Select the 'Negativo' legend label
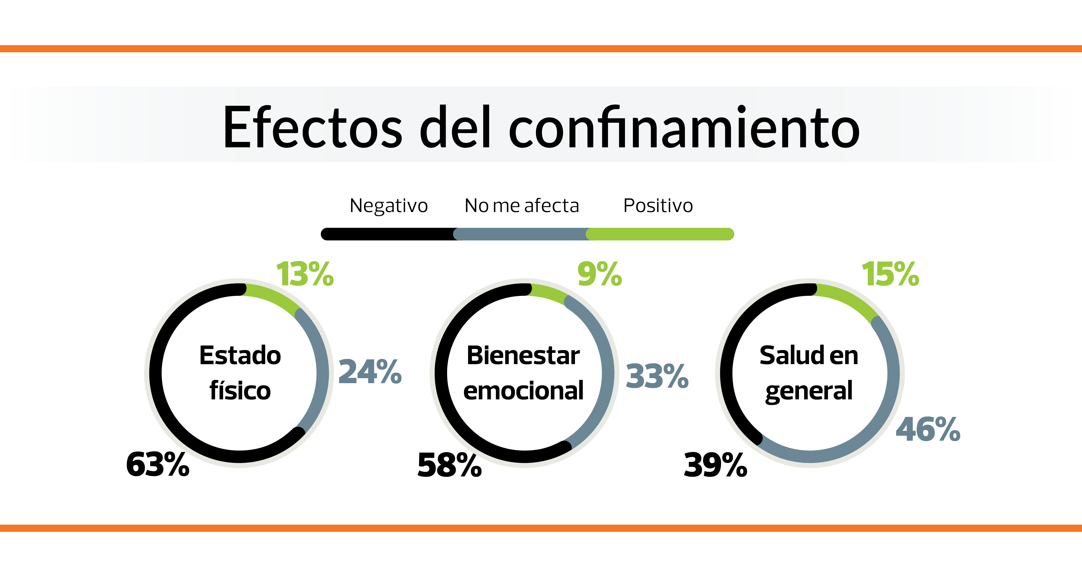[388, 206]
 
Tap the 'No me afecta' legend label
[522, 206]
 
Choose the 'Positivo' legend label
[658, 206]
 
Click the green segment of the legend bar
[659, 234]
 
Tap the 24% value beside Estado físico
[370, 372]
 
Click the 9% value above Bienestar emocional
[599, 274]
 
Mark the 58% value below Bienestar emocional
[449, 465]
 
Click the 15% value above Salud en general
[890, 274]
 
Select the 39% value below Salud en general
[715, 465]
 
